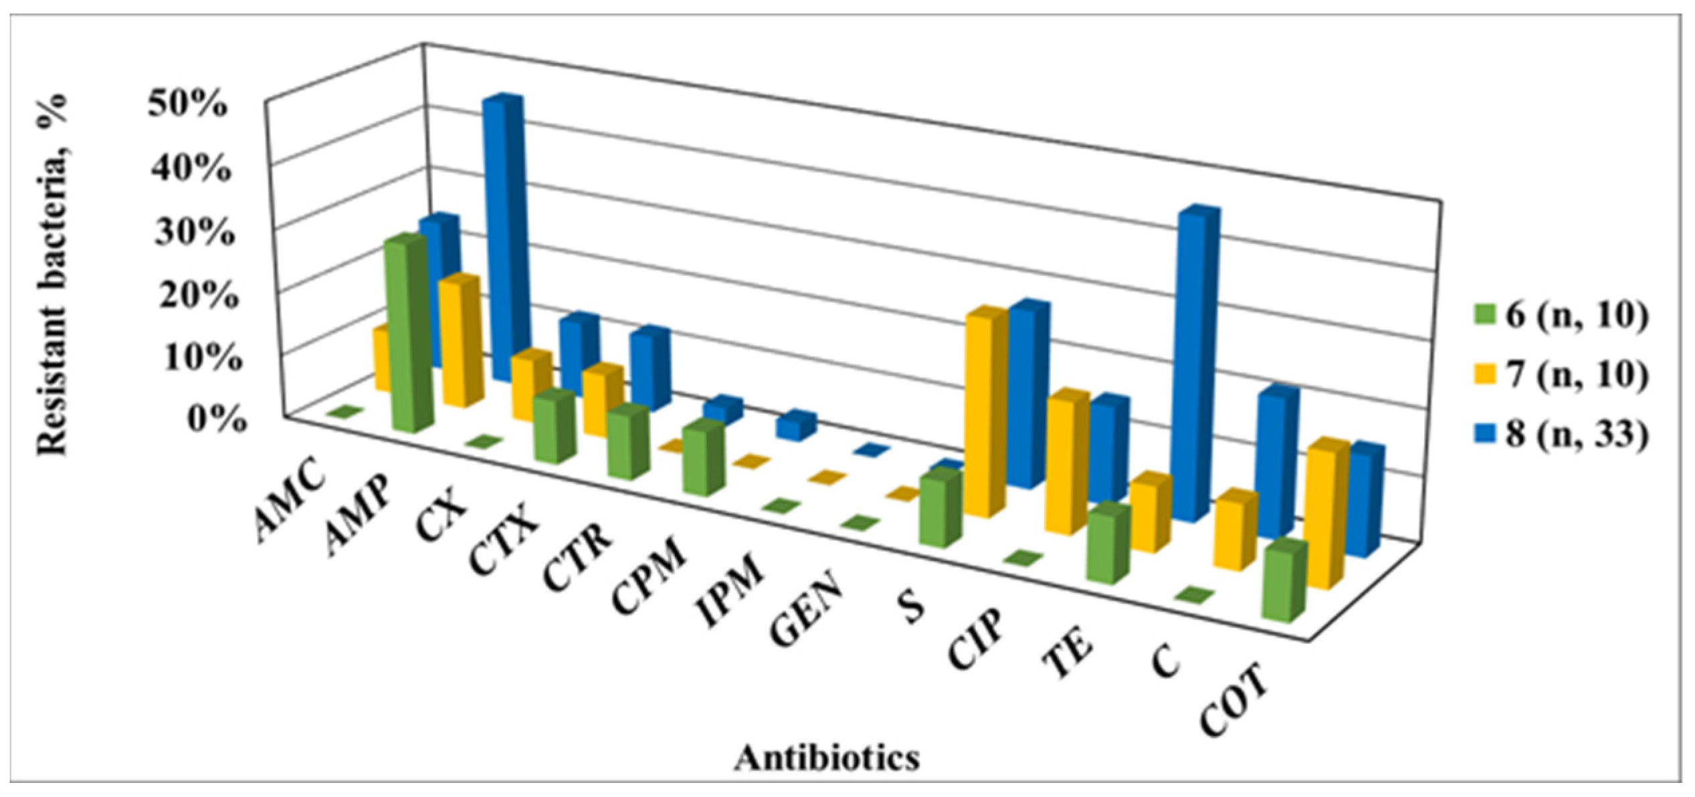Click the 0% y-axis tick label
(x=215, y=419)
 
